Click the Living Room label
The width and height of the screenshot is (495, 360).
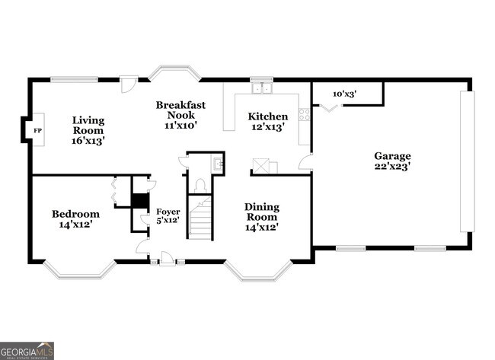[88, 130]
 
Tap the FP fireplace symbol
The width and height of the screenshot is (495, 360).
[37, 131]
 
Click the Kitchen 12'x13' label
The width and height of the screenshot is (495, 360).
[268, 122]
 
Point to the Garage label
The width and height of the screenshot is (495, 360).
[392, 161]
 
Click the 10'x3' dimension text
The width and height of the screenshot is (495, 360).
[345, 94]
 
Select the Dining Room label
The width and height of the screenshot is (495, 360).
[261, 217]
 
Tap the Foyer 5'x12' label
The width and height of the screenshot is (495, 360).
[168, 215]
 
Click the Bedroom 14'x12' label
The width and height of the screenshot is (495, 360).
[75, 219]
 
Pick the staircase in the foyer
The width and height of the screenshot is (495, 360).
[200, 217]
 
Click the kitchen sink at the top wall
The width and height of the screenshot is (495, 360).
[262, 88]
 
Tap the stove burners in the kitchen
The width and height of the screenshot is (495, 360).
[305, 114]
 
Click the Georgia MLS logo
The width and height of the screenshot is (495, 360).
[27, 350]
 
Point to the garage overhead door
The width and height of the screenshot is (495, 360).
[467, 161]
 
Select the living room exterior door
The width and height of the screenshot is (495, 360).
[129, 83]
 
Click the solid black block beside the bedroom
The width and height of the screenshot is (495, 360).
[139, 201]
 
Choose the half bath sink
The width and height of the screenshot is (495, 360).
[218, 163]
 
